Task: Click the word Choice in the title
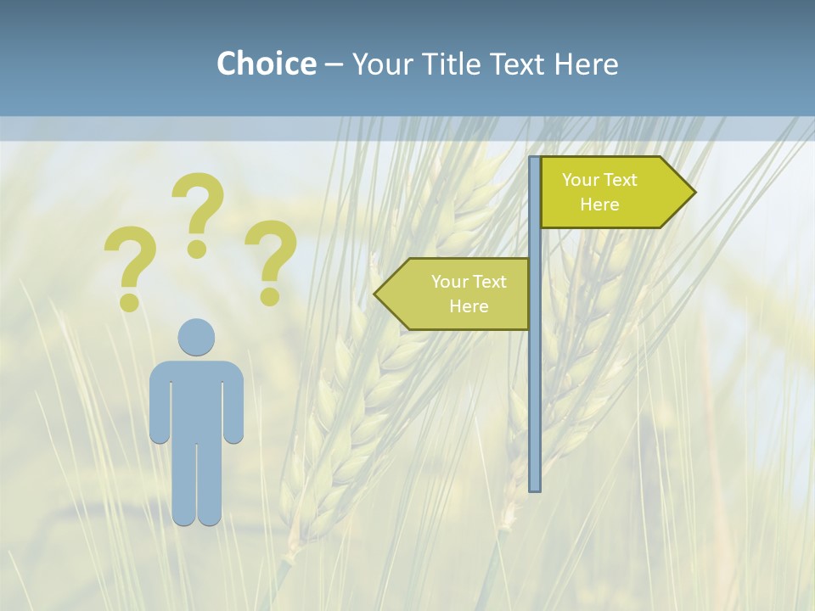pos(266,64)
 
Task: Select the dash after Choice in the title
pos(334,65)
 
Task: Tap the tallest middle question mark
pos(198,212)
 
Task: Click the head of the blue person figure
pos(196,337)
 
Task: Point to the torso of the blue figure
pos(196,399)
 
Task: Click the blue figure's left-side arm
pos(159,403)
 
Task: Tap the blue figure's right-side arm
pos(233,403)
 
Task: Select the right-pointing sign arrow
pos(611,192)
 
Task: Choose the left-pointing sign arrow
pos(458,294)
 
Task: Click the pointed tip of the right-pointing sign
pos(691,192)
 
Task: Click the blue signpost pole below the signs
pos(535,407)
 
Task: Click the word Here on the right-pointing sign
pos(599,205)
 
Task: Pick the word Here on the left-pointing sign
pos(469,306)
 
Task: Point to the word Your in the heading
pos(379,64)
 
